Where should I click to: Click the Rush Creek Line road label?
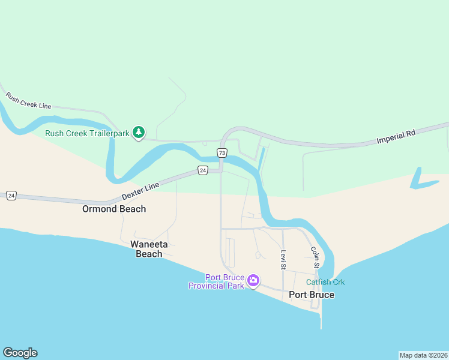point(28,101)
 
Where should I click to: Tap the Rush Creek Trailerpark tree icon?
point(139,133)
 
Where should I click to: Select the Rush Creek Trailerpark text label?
point(88,133)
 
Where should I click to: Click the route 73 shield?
point(222,153)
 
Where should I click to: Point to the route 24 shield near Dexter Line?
point(203,171)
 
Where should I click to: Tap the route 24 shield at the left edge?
point(11,196)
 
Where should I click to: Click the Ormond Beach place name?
point(114,209)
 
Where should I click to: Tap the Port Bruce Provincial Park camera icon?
point(253,280)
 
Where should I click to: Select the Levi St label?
point(283,259)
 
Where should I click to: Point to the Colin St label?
point(314,256)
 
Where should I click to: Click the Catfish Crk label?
point(325,282)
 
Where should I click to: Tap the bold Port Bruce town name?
point(312,295)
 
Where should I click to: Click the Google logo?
point(20,353)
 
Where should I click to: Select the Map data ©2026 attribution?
point(423,355)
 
